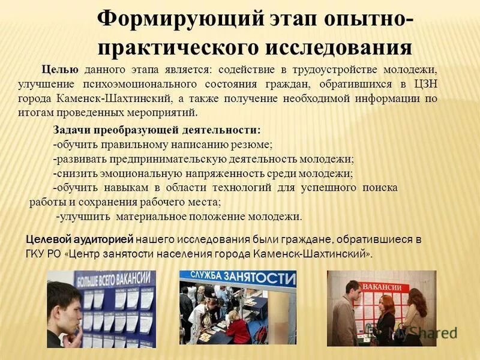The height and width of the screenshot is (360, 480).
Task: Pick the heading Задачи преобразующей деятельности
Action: pos(157,130)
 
